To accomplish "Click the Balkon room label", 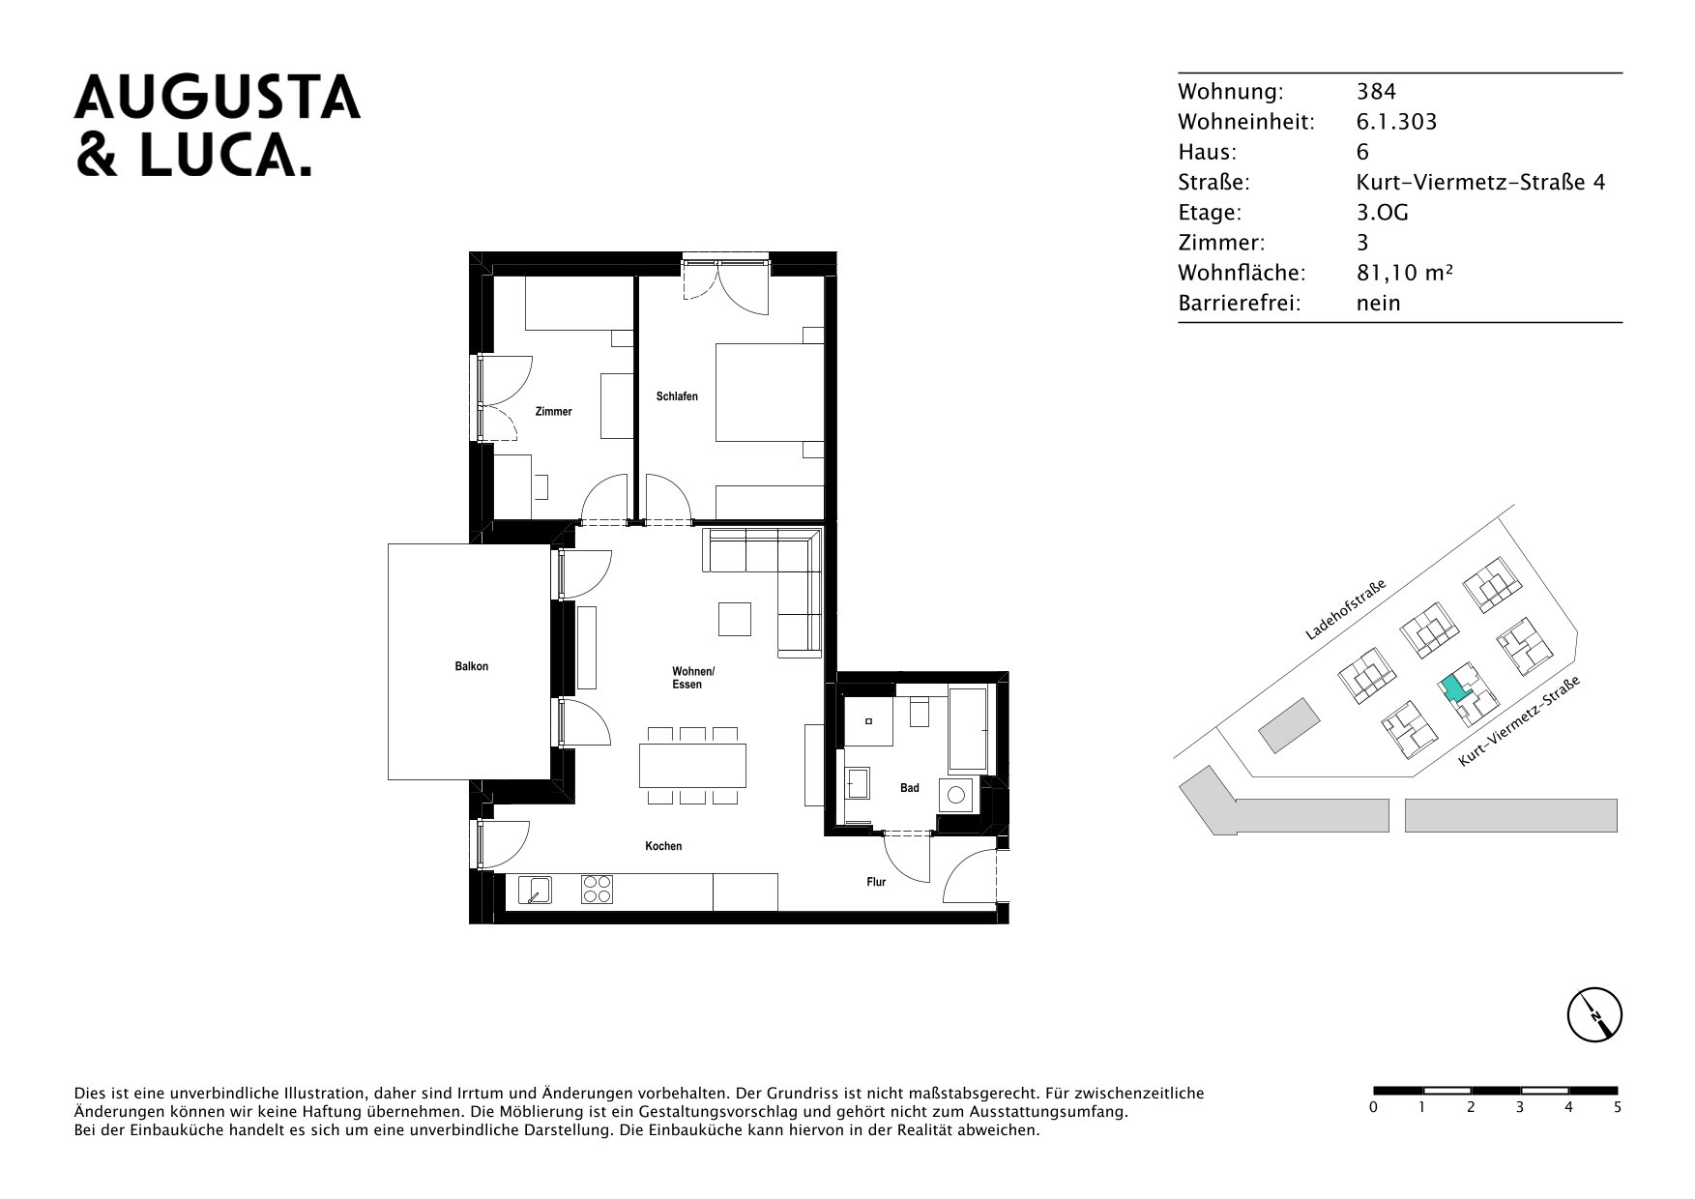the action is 472,666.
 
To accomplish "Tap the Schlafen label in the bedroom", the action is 677,396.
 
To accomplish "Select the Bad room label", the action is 910,788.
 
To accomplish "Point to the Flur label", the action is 876,882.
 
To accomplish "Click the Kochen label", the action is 664,846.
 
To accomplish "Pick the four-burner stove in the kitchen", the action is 597,889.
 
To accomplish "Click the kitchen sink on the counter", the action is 535,889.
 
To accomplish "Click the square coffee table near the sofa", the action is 735,619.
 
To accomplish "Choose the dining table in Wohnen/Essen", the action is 693,765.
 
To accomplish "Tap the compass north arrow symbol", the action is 1593,1016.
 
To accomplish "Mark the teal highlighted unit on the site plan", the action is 1452,688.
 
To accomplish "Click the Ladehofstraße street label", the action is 1346,610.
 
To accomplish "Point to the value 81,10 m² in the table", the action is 1405,273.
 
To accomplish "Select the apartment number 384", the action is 1376,92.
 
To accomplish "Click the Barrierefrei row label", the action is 1240,303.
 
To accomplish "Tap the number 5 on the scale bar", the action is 1618,1107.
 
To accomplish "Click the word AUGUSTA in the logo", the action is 218,97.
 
